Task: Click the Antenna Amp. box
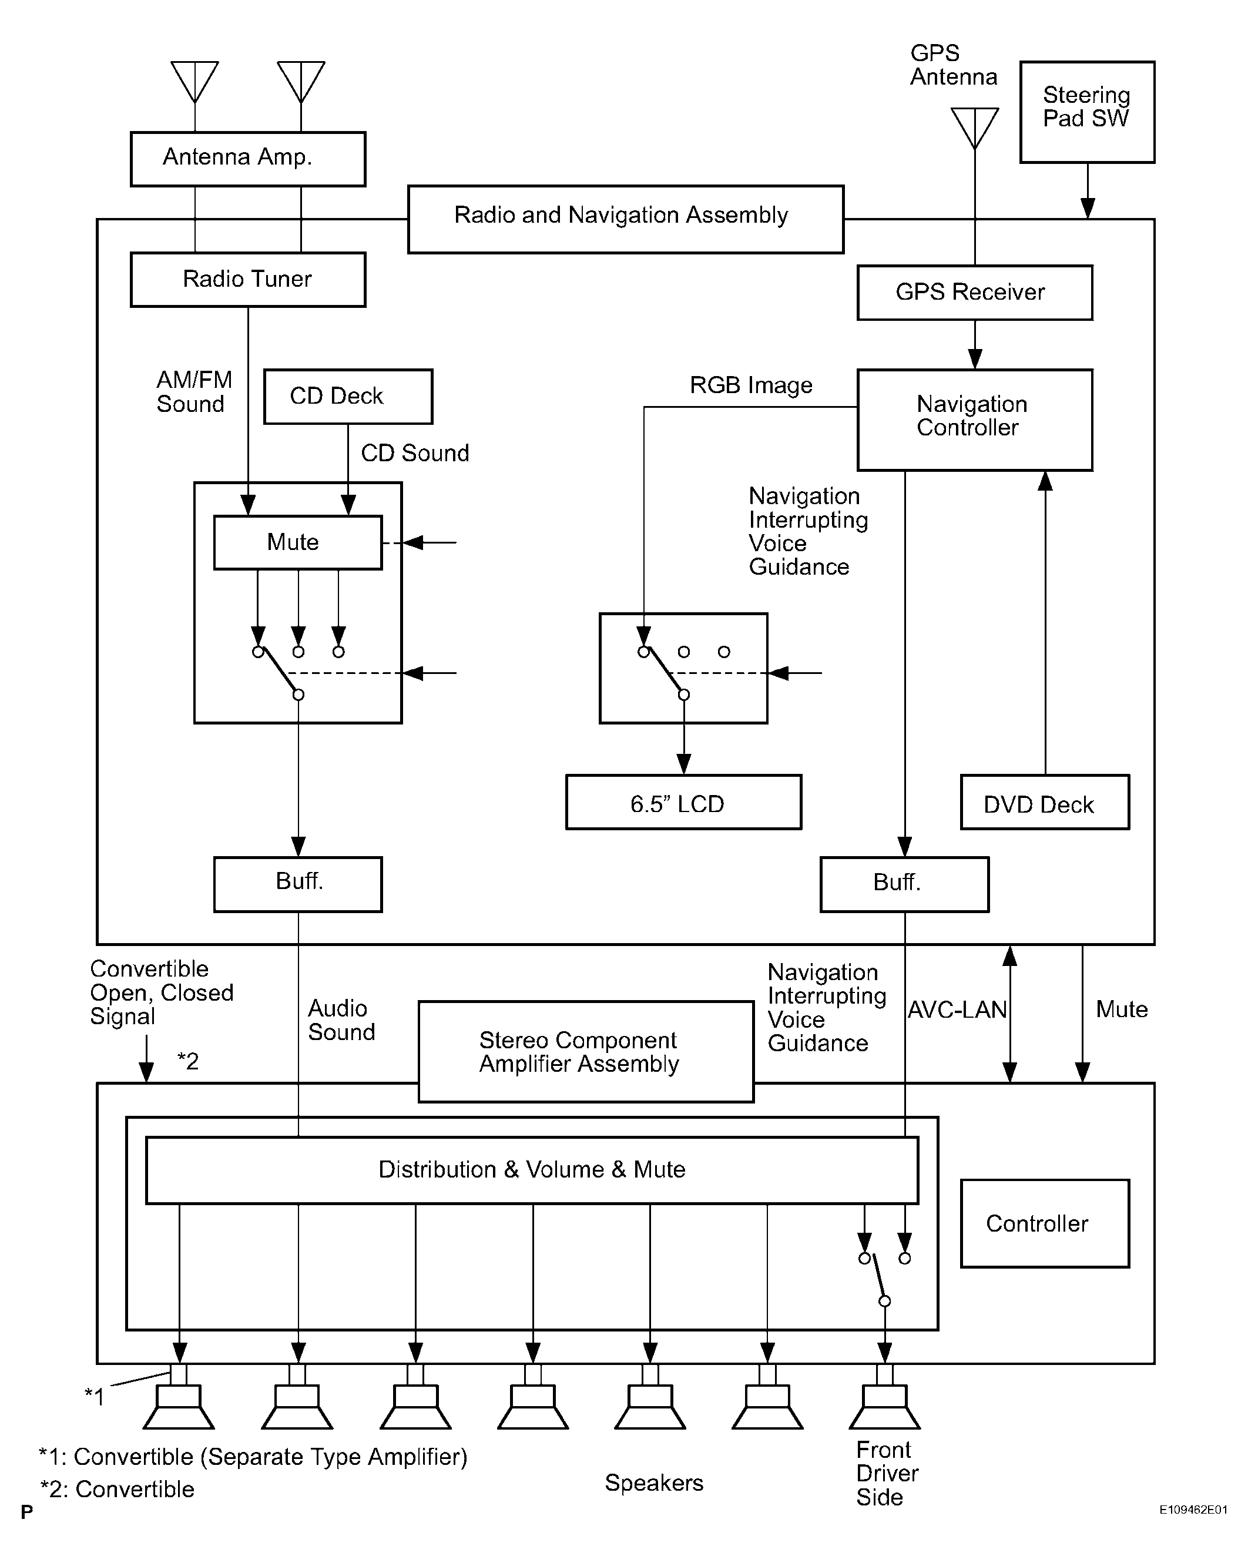click(248, 159)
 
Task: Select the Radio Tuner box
click(248, 279)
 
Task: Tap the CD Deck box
click(348, 397)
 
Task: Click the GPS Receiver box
click(975, 292)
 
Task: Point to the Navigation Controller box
click(975, 420)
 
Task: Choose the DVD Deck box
click(1044, 802)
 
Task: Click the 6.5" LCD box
click(683, 802)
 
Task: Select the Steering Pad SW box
click(1087, 112)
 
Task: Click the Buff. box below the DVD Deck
click(904, 884)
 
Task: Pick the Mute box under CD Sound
click(298, 542)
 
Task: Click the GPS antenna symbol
click(975, 128)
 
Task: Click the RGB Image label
click(751, 385)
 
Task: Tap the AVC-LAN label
click(957, 1010)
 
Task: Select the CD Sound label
click(415, 453)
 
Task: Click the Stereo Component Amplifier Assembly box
click(586, 1052)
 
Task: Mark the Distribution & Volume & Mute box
click(532, 1170)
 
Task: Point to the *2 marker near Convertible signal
click(187, 1061)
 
